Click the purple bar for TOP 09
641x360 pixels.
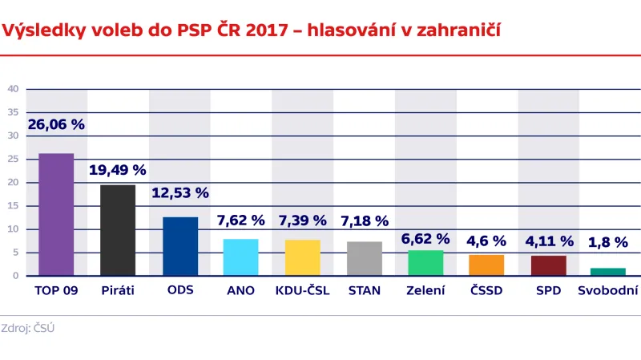56,214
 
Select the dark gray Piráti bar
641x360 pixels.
118,230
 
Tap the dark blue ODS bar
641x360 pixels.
179,246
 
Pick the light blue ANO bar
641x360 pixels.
240,257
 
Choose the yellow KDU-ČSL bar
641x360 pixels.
302,257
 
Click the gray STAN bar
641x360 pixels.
364,258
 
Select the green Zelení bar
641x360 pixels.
425,262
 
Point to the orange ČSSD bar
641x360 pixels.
486,265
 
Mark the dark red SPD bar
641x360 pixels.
548,265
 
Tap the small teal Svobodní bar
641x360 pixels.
609,272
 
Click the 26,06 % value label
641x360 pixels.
56,124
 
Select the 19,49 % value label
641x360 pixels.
118,170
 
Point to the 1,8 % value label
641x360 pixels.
609,242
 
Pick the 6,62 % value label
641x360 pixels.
425,239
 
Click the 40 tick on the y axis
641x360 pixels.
14,89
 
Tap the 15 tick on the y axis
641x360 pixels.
14,206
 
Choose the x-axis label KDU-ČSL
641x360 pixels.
301,290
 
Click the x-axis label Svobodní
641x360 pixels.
608,290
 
